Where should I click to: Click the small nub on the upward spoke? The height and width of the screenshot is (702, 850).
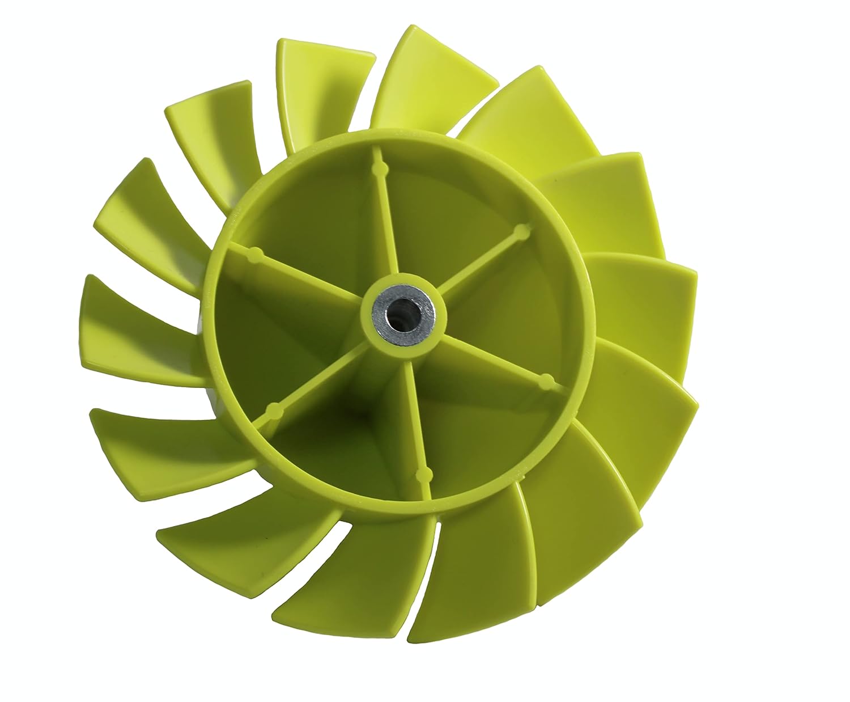coord(377,168)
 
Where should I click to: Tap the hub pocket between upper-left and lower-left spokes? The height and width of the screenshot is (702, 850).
coord(266,329)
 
